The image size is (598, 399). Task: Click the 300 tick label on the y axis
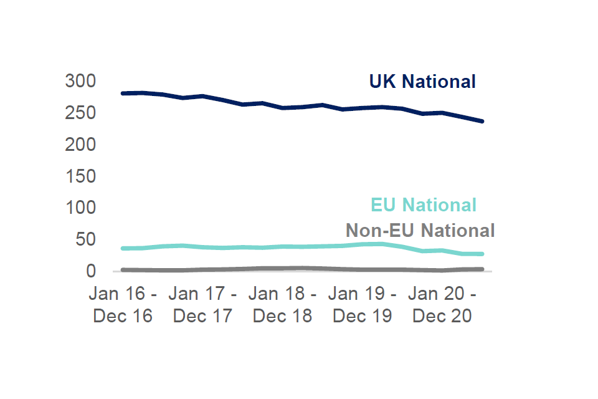pos(80,81)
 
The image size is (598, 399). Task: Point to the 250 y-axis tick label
pos(80,113)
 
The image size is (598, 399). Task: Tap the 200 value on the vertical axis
pos(80,145)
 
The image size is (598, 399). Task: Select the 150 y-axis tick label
pos(80,176)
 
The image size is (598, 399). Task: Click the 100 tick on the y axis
pos(80,208)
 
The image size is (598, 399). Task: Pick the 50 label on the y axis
pos(85,239)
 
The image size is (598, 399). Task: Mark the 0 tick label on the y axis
pos(91,271)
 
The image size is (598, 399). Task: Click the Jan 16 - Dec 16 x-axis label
pos(123,304)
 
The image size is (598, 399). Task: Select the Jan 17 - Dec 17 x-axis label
pos(202,304)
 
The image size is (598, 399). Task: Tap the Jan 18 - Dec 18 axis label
pos(283,304)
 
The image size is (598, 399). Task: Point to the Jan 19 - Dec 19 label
pos(363,304)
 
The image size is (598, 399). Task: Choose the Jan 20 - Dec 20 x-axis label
pos(442,304)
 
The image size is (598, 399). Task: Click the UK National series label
pos(422,82)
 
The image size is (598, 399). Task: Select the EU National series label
pos(424,205)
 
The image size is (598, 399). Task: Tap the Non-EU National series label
pos(420,231)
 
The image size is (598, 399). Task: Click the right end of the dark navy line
pos(482,121)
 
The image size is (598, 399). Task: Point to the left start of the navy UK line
pos(123,94)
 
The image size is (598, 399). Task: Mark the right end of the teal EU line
pos(482,254)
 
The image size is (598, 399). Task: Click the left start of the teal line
pos(123,248)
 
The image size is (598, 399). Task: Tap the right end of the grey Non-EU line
pos(482,269)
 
